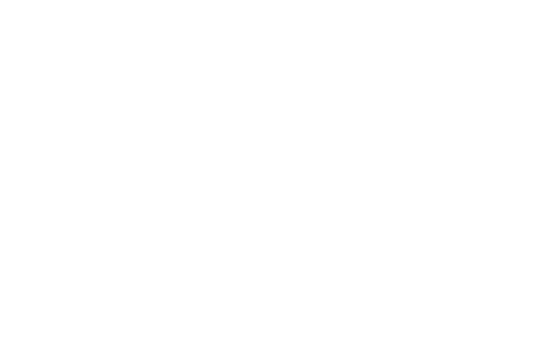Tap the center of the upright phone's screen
point(88,179)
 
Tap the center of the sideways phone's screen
point(376,269)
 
